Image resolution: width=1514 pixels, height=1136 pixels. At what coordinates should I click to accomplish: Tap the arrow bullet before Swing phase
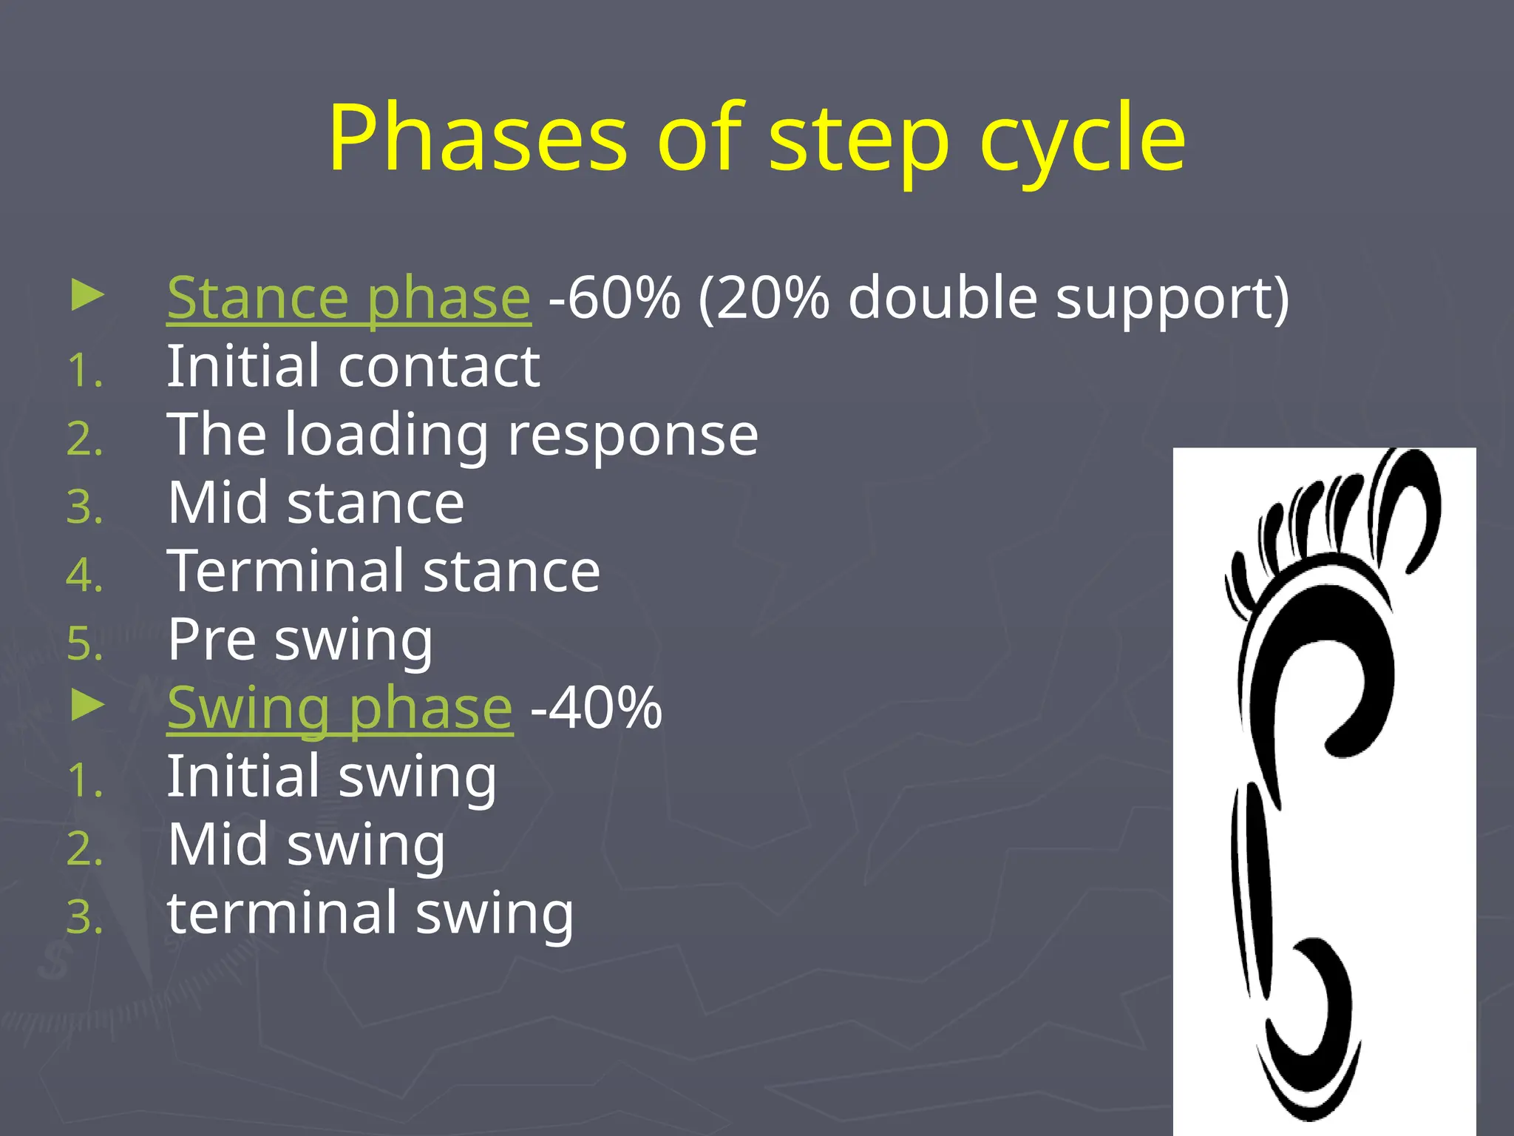87,706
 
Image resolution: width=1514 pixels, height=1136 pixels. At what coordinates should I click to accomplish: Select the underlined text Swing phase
339,709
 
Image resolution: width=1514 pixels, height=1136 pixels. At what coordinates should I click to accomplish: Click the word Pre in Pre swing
211,640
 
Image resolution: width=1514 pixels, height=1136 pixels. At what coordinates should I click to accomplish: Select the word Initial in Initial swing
243,777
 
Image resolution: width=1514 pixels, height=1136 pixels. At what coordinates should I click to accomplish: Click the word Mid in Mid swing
217,845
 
